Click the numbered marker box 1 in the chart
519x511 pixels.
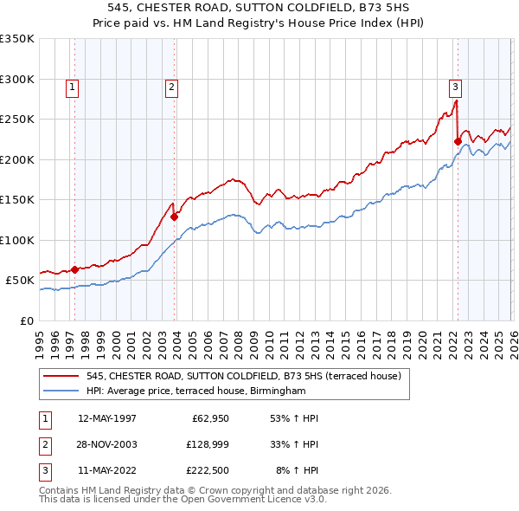72,86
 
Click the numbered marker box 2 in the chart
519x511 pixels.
172,86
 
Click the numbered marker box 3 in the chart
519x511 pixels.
454,86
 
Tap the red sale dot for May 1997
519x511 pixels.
74,269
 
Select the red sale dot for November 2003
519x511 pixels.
175,217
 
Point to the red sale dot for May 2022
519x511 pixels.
458,141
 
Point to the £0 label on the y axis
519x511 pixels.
27,320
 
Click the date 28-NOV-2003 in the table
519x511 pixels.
107,444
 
